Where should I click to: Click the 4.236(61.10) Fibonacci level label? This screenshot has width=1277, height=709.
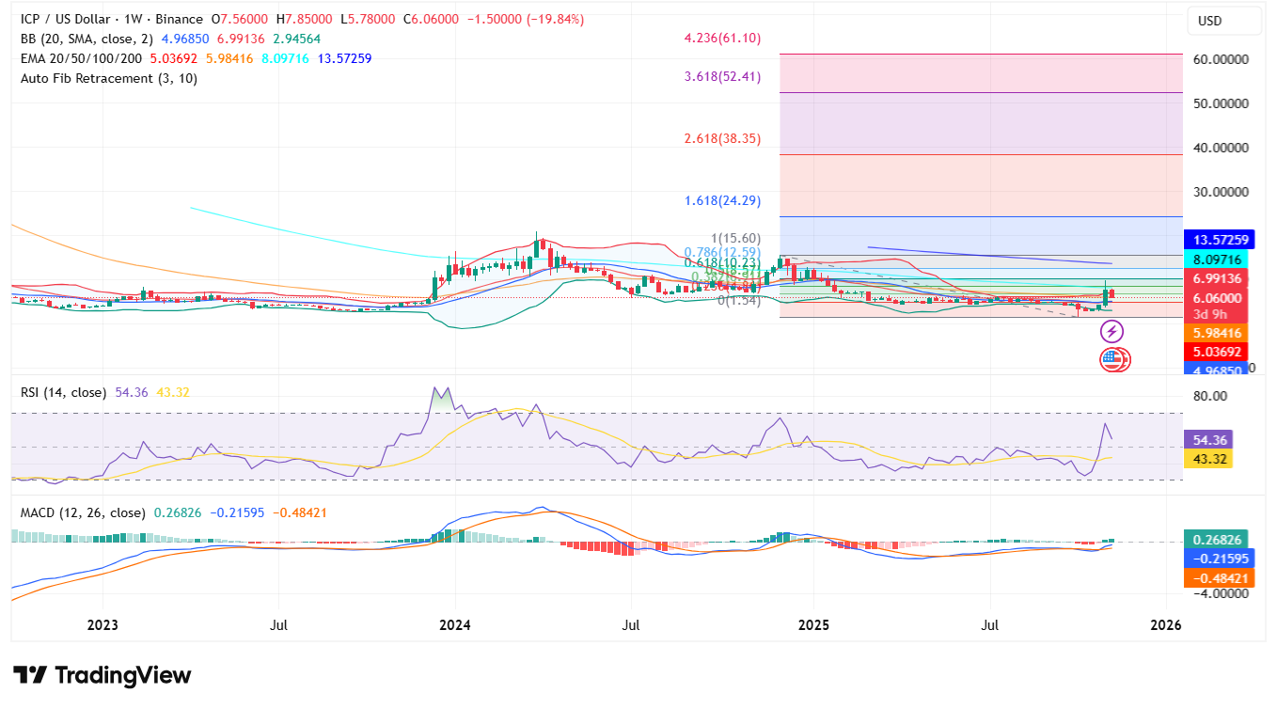click(722, 39)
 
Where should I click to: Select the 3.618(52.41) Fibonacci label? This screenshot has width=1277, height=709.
click(722, 76)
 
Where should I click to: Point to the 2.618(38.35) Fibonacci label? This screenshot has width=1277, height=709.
click(722, 137)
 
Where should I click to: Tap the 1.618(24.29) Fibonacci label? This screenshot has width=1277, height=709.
click(722, 200)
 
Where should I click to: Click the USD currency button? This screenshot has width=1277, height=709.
click(1209, 21)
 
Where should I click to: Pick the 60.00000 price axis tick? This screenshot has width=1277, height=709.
click(1221, 58)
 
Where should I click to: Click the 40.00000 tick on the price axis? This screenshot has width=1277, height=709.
click(1221, 148)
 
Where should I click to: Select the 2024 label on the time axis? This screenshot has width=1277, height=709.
click(454, 624)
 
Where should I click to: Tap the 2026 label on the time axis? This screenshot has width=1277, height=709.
click(1166, 624)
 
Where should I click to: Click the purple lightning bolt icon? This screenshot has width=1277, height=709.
click(1112, 331)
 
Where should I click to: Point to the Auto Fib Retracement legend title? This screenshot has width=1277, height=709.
click(109, 78)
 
